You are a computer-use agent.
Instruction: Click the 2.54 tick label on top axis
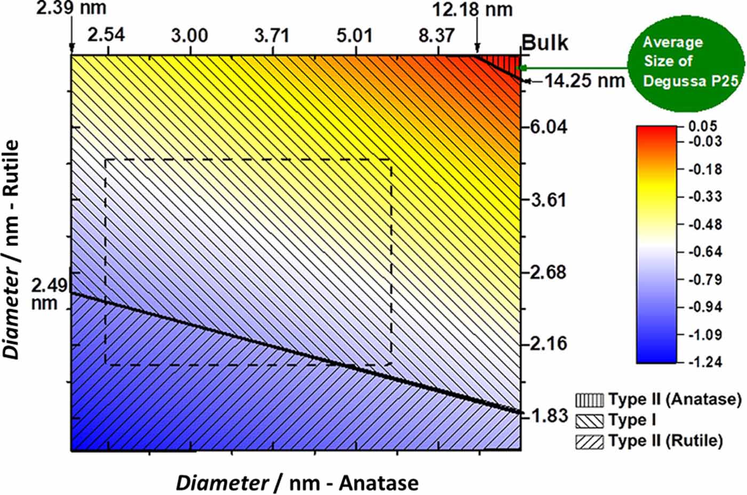coord(106,36)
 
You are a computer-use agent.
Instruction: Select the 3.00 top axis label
coord(189,36)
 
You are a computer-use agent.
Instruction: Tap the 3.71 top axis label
coord(272,36)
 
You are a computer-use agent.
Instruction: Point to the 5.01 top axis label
coord(354,36)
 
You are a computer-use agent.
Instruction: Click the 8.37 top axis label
coord(437,36)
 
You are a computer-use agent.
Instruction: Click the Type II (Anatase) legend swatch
coord(589,400)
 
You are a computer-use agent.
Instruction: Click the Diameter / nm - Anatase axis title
coord(297,483)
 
